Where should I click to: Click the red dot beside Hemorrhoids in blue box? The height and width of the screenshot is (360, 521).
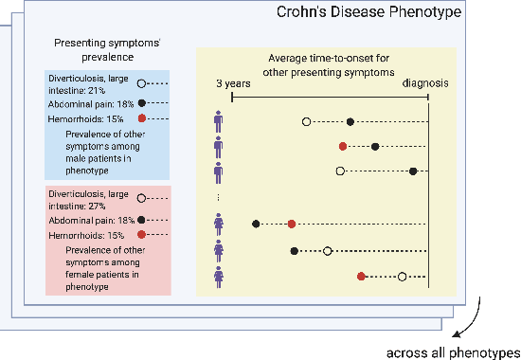tap(141, 118)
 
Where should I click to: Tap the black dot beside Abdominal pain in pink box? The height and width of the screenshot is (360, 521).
tap(141, 219)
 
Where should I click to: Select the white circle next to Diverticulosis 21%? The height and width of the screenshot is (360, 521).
tap(141, 83)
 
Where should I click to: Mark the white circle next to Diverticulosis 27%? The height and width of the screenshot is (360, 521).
tap(141, 199)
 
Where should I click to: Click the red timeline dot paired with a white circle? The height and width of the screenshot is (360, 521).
tap(361, 277)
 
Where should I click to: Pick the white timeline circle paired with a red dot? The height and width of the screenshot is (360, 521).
tap(403, 277)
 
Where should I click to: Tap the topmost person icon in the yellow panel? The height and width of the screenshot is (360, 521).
tap(219, 120)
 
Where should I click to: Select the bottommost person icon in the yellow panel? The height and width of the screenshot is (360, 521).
tap(219, 277)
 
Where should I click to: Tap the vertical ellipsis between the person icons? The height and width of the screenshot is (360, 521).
tap(219, 197)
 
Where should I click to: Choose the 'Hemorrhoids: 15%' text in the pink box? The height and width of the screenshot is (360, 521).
tap(87, 234)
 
